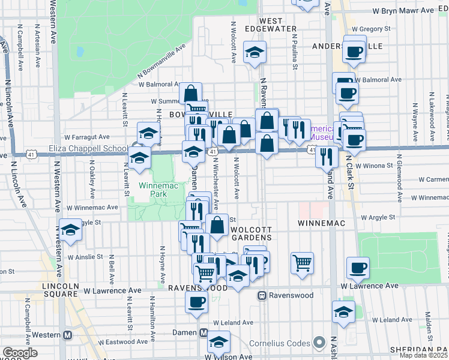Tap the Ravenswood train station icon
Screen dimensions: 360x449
click(262, 295)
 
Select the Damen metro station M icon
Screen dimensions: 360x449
click(203, 333)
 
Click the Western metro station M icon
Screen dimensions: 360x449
click(68, 335)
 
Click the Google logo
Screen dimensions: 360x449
click(20, 353)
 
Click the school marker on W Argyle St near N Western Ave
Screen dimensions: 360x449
click(70, 230)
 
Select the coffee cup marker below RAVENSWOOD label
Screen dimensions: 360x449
click(196, 302)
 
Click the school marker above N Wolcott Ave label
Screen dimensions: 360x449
click(255, 52)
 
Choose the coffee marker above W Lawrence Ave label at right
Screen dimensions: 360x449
click(358, 268)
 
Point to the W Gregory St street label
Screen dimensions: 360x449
click(371, 28)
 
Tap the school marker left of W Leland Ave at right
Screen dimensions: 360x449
click(343, 312)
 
